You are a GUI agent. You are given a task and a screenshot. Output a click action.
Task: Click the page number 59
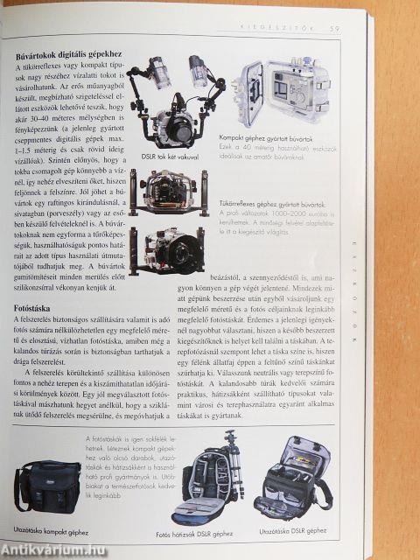334,30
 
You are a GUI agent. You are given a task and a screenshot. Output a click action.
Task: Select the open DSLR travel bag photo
295,481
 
